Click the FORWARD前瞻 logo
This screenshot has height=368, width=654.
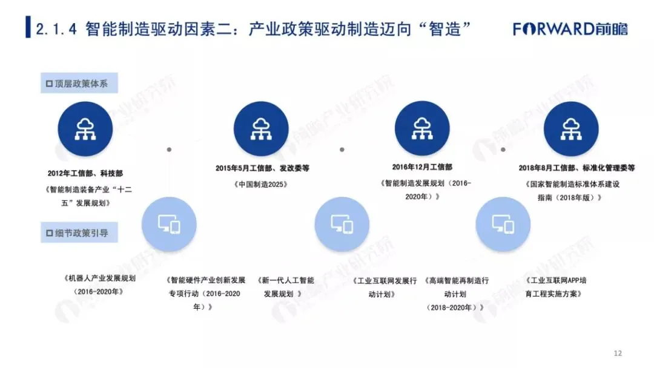(x=570, y=28)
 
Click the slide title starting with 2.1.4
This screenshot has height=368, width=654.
(x=254, y=29)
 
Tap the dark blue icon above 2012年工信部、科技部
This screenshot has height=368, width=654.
(x=85, y=128)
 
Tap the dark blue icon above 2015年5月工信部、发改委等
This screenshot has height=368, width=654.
(x=261, y=128)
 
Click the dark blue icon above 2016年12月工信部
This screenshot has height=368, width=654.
(x=421, y=128)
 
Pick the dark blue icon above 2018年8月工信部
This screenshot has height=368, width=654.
(x=570, y=128)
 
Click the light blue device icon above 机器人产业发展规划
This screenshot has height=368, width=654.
(x=169, y=225)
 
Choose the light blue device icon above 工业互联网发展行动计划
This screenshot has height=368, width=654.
(x=342, y=225)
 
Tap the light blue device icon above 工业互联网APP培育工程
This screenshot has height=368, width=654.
(x=503, y=225)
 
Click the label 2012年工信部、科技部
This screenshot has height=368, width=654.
(x=85, y=172)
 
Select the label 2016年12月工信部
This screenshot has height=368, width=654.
(x=422, y=166)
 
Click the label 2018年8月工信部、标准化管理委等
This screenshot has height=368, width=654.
(x=576, y=168)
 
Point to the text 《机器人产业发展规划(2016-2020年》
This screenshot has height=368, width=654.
(x=98, y=285)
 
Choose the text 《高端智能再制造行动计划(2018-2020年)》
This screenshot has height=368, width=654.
(x=456, y=294)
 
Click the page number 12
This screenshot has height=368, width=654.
(x=618, y=353)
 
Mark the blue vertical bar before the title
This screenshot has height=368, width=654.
(x=28, y=28)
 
